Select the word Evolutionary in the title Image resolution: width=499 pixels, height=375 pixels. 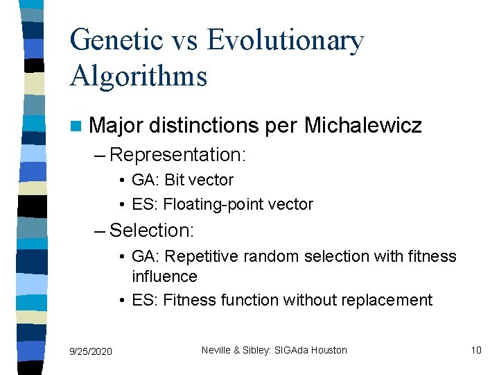point(285,42)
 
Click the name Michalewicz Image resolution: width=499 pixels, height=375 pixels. point(362,126)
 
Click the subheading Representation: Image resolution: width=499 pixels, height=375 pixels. point(177,154)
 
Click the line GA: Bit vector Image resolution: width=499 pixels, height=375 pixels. point(182,180)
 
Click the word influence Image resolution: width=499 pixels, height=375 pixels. point(164,276)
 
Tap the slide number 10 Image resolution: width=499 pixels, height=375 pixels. point(475,350)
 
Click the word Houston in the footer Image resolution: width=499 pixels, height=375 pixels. point(329,350)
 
